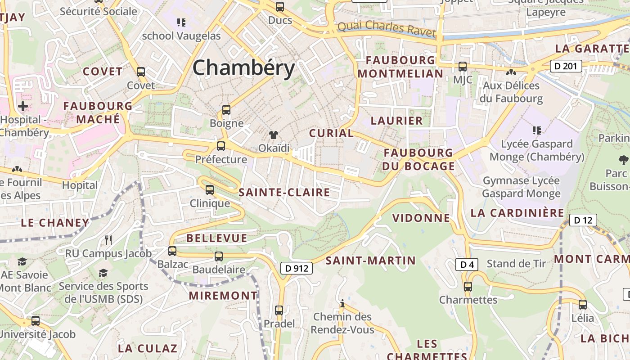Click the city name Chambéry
point(243,68)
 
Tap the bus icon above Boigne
point(226,109)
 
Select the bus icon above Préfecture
point(220,146)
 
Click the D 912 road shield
point(297,268)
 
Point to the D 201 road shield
point(566,66)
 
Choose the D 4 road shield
point(467,265)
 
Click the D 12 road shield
point(583,220)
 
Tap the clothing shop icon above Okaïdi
point(273,135)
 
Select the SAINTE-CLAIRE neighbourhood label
point(284,193)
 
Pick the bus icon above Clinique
point(209,190)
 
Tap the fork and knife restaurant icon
point(108,240)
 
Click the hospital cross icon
point(23,107)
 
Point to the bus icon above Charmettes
point(468,286)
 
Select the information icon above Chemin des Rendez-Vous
point(342,303)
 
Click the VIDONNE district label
point(421,218)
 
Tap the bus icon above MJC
point(462,67)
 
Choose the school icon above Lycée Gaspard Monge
point(536,130)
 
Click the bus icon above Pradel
point(279,310)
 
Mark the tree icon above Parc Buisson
point(623,159)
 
